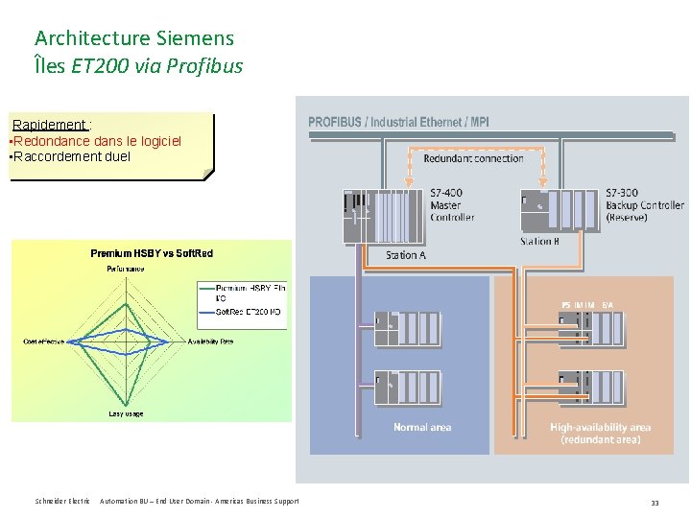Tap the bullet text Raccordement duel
click(x=71, y=156)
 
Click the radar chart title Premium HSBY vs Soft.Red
click(x=152, y=253)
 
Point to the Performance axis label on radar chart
click(x=126, y=270)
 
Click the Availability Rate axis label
click(x=210, y=341)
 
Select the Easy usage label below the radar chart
click(x=126, y=413)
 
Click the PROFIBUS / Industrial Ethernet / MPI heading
click(x=398, y=122)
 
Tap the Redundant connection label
click(x=473, y=158)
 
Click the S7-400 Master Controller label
click(x=451, y=204)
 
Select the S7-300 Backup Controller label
click(x=644, y=205)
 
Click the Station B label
click(x=539, y=242)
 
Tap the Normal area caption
click(x=422, y=428)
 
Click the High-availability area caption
click(x=601, y=434)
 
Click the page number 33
click(x=655, y=503)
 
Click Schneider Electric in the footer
click(x=62, y=502)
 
